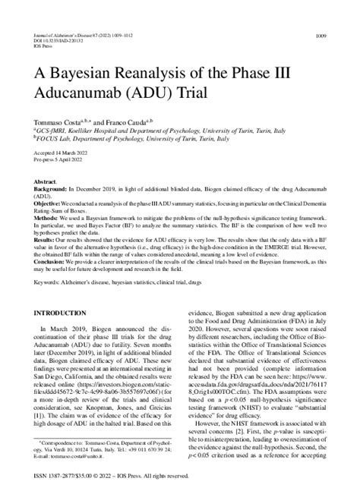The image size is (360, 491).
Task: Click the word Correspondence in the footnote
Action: (x=57, y=440)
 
